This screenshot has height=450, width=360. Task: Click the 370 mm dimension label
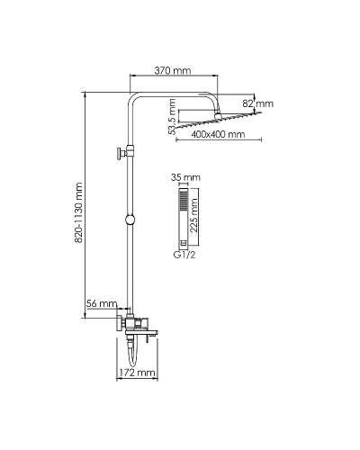click(x=173, y=71)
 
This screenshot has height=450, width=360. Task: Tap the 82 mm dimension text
click(x=258, y=103)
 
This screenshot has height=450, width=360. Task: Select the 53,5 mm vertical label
click(x=172, y=116)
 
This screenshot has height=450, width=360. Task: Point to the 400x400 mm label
click(x=218, y=134)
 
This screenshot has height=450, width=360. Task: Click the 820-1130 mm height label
click(x=78, y=212)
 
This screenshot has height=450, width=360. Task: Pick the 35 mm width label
click(x=185, y=177)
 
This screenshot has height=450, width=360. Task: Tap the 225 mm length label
click(x=194, y=215)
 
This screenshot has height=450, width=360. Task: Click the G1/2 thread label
click(x=184, y=255)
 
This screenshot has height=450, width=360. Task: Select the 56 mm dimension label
click(x=102, y=303)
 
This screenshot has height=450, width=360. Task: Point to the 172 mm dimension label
click(x=137, y=373)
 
